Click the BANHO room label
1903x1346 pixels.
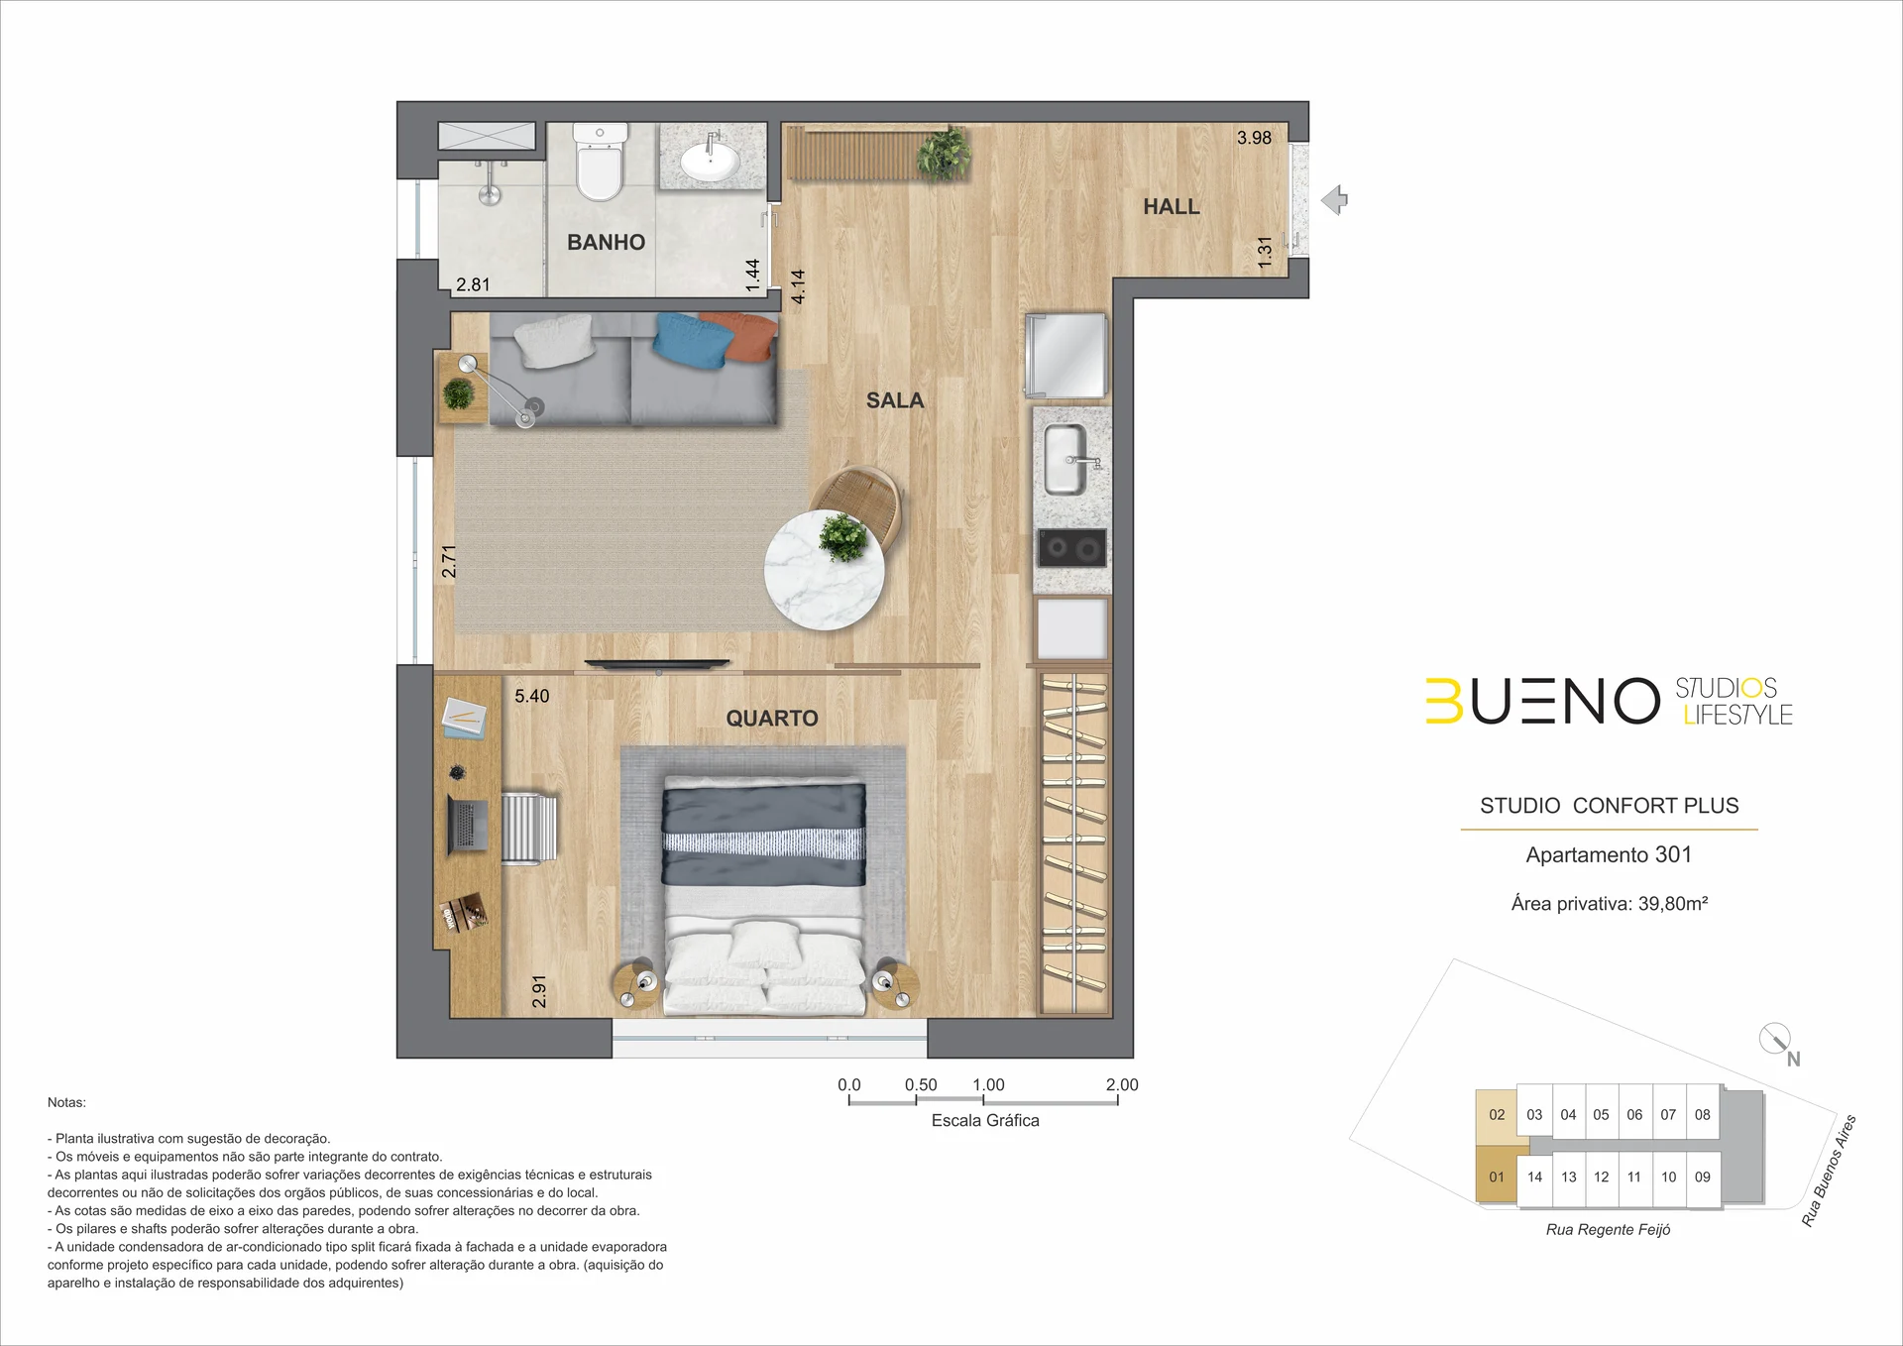coord(606,242)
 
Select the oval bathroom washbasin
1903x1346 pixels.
coord(710,160)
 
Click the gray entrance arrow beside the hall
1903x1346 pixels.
coord(1334,200)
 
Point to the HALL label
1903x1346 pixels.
coord(1172,206)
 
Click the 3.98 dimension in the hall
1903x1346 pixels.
coord(1254,138)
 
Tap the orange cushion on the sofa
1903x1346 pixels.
coord(741,335)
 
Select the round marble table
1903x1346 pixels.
coord(824,570)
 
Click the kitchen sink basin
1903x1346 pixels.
coord(1066,460)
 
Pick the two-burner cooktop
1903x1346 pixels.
coord(1071,547)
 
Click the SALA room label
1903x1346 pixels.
coord(895,400)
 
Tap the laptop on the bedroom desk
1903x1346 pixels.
coord(467,824)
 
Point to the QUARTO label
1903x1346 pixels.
coord(772,719)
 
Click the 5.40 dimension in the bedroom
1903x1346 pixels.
coord(531,696)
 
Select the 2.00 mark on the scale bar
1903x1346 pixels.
coord(1122,1084)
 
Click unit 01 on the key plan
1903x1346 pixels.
coord(1497,1177)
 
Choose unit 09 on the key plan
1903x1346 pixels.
coord(1703,1178)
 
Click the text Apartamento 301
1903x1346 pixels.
coord(1609,854)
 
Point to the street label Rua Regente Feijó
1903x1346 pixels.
coord(1608,1230)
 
